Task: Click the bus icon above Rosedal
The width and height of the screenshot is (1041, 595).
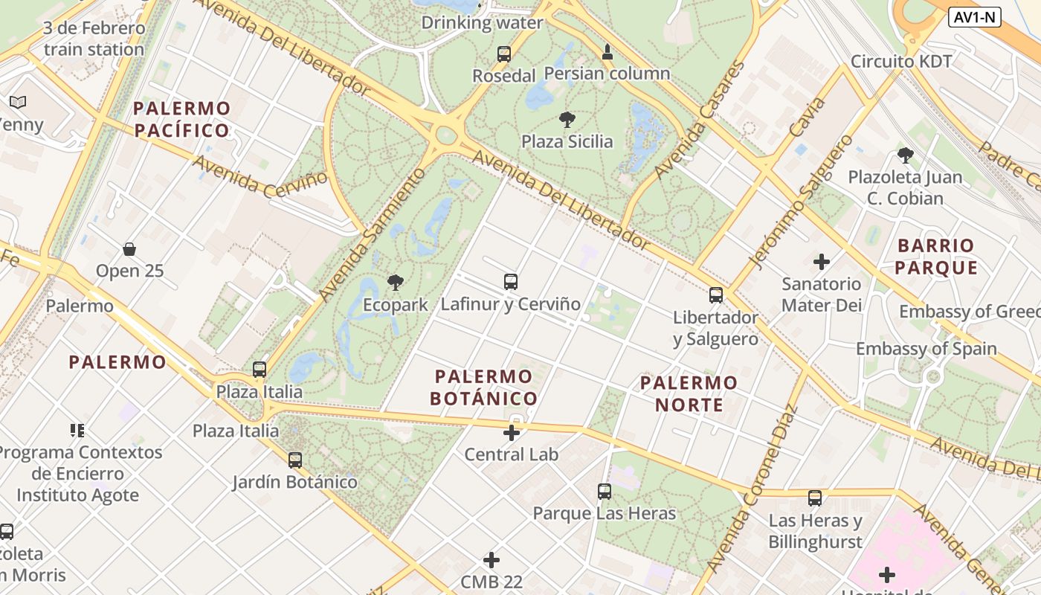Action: click(504, 54)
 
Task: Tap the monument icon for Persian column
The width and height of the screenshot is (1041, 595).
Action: click(607, 52)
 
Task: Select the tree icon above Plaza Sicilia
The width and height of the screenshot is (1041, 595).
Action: click(567, 120)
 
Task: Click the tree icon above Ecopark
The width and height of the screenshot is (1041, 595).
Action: click(396, 283)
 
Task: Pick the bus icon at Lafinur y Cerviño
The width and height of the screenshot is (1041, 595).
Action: click(510, 282)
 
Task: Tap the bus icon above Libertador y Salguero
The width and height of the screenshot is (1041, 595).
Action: click(715, 295)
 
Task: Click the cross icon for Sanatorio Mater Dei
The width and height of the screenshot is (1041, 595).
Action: click(822, 262)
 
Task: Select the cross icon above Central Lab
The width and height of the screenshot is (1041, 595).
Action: click(512, 432)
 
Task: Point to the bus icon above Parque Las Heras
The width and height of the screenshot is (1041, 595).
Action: click(604, 492)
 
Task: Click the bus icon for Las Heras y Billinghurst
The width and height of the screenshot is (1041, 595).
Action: click(815, 498)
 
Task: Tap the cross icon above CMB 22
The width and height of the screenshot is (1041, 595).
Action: click(492, 560)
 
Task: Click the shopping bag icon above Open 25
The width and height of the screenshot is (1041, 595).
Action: click(129, 249)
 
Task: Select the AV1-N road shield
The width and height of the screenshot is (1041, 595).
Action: click(975, 17)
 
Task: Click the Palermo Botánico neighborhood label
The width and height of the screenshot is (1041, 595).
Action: click(483, 387)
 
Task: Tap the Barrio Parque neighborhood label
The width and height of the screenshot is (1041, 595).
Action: click(935, 257)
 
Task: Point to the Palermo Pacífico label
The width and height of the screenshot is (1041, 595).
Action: click(182, 120)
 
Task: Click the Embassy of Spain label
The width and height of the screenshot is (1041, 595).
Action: click(926, 348)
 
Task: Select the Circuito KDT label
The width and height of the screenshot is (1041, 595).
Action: click(901, 61)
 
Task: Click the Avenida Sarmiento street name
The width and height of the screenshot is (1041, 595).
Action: click(373, 235)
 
